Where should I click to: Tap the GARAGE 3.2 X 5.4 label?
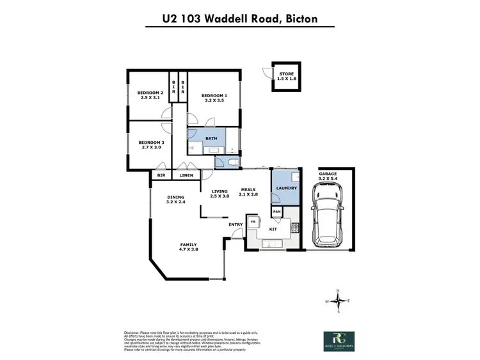point(332,176)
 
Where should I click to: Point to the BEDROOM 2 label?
point(151,97)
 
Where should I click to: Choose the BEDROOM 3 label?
point(151,145)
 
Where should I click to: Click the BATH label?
point(211,138)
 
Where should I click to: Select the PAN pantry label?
point(277,211)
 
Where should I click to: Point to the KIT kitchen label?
point(271,229)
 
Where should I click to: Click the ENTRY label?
point(235,224)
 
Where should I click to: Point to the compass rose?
point(340,301)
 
